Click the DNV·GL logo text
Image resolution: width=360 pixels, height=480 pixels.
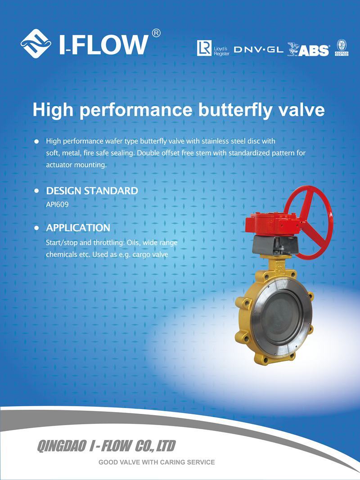(x=258, y=49)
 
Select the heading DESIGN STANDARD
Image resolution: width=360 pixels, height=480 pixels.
(x=92, y=191)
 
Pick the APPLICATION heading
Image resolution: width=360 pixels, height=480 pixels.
(x=78, y=228)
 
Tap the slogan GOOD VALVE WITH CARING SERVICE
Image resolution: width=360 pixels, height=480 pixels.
(x=157, y=462)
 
